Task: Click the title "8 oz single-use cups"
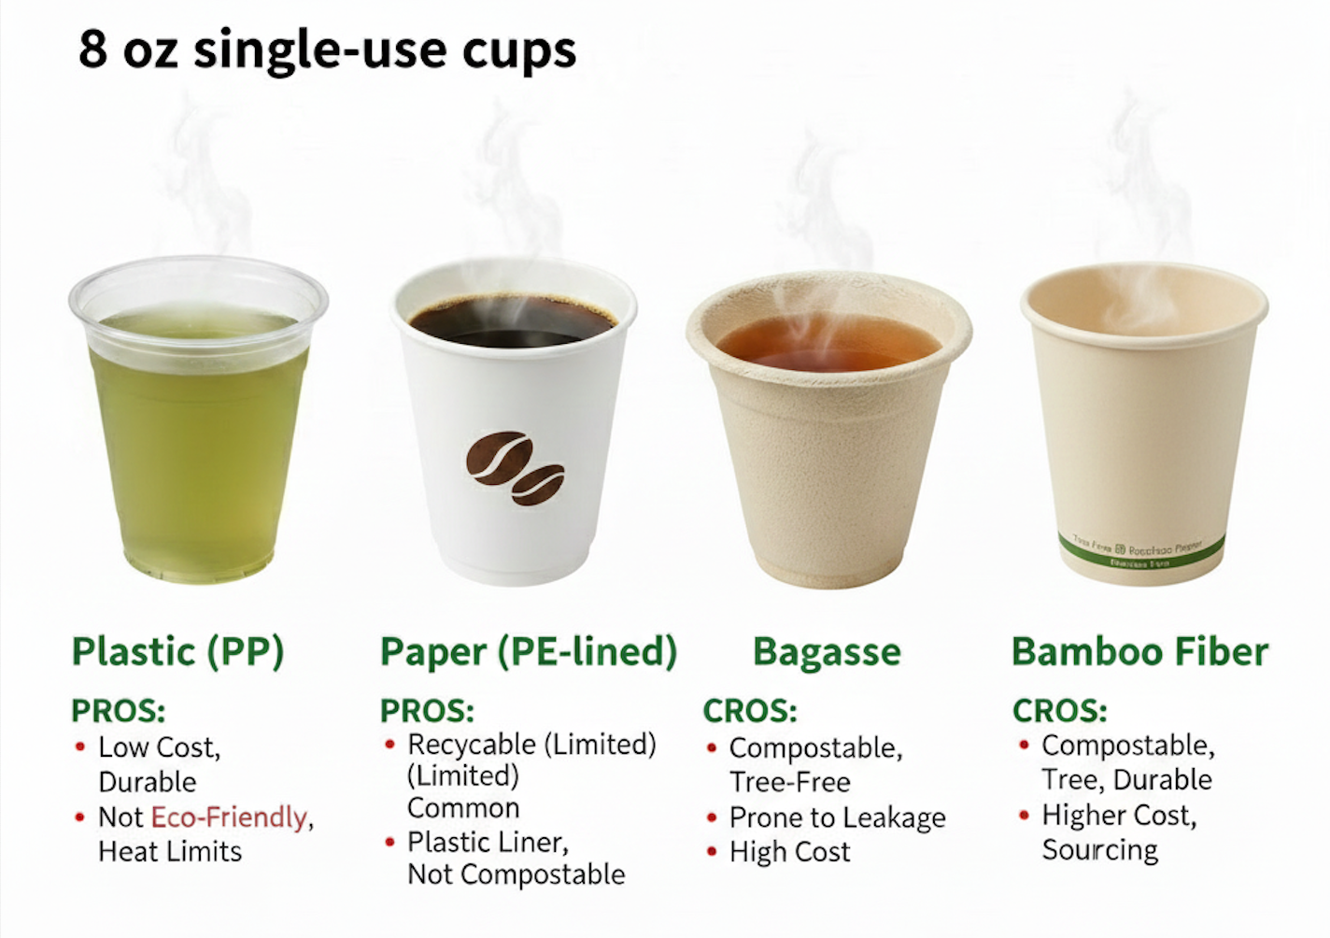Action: tap(327, 49)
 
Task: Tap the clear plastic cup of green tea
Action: tap(198, 430)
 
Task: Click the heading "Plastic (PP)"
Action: tap(177, 651)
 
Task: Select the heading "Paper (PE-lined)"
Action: tap(529, 651)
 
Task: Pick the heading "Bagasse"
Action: tap(827, 651)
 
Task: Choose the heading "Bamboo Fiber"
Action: tap(1139, 651)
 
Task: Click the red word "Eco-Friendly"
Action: tap(229, 817)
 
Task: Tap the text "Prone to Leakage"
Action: tap(837, 817)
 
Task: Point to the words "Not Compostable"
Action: tap(516, 874)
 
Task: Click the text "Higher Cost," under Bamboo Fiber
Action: tap(1119, 816)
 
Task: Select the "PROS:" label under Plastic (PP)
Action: tap(119, 711)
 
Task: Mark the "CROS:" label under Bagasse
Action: tap(750, 711)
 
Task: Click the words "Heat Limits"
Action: tap(170, 851)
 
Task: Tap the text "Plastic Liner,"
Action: tap(488, 842)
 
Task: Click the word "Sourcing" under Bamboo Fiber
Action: tap(1100, 850)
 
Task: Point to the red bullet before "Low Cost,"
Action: tap(80, 746)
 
